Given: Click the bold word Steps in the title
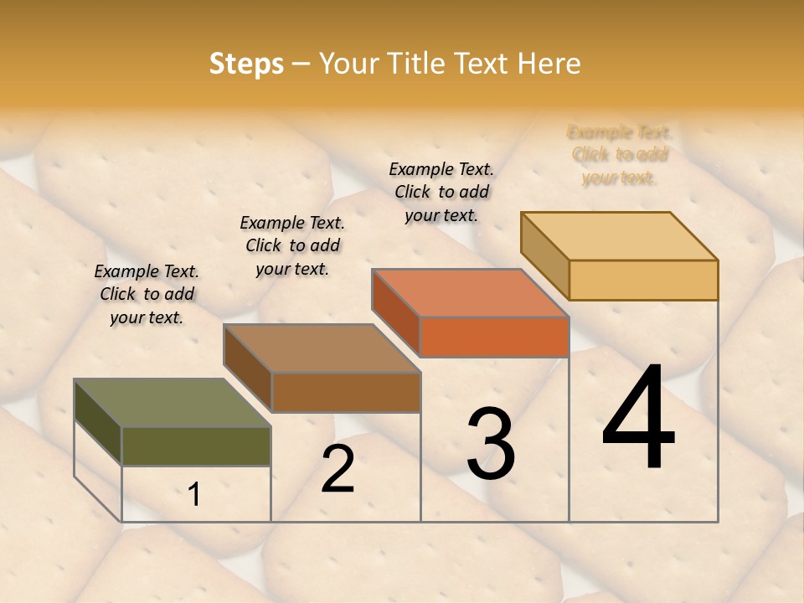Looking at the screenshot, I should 246,64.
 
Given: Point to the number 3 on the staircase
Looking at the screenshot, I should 490,444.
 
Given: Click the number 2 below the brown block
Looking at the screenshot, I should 338,469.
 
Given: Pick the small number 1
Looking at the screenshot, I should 194,495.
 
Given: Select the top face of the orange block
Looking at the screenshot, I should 470,293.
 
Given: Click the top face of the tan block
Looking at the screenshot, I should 619,236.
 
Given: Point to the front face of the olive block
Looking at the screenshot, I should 196,446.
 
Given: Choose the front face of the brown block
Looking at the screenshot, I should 346,392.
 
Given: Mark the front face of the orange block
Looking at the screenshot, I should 494,337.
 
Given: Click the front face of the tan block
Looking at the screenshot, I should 643,280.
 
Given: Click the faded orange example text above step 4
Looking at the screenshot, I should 620,155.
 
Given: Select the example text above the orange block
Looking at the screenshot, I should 441,192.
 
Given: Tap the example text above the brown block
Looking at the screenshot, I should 292,245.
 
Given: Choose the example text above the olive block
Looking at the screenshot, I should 147,294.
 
